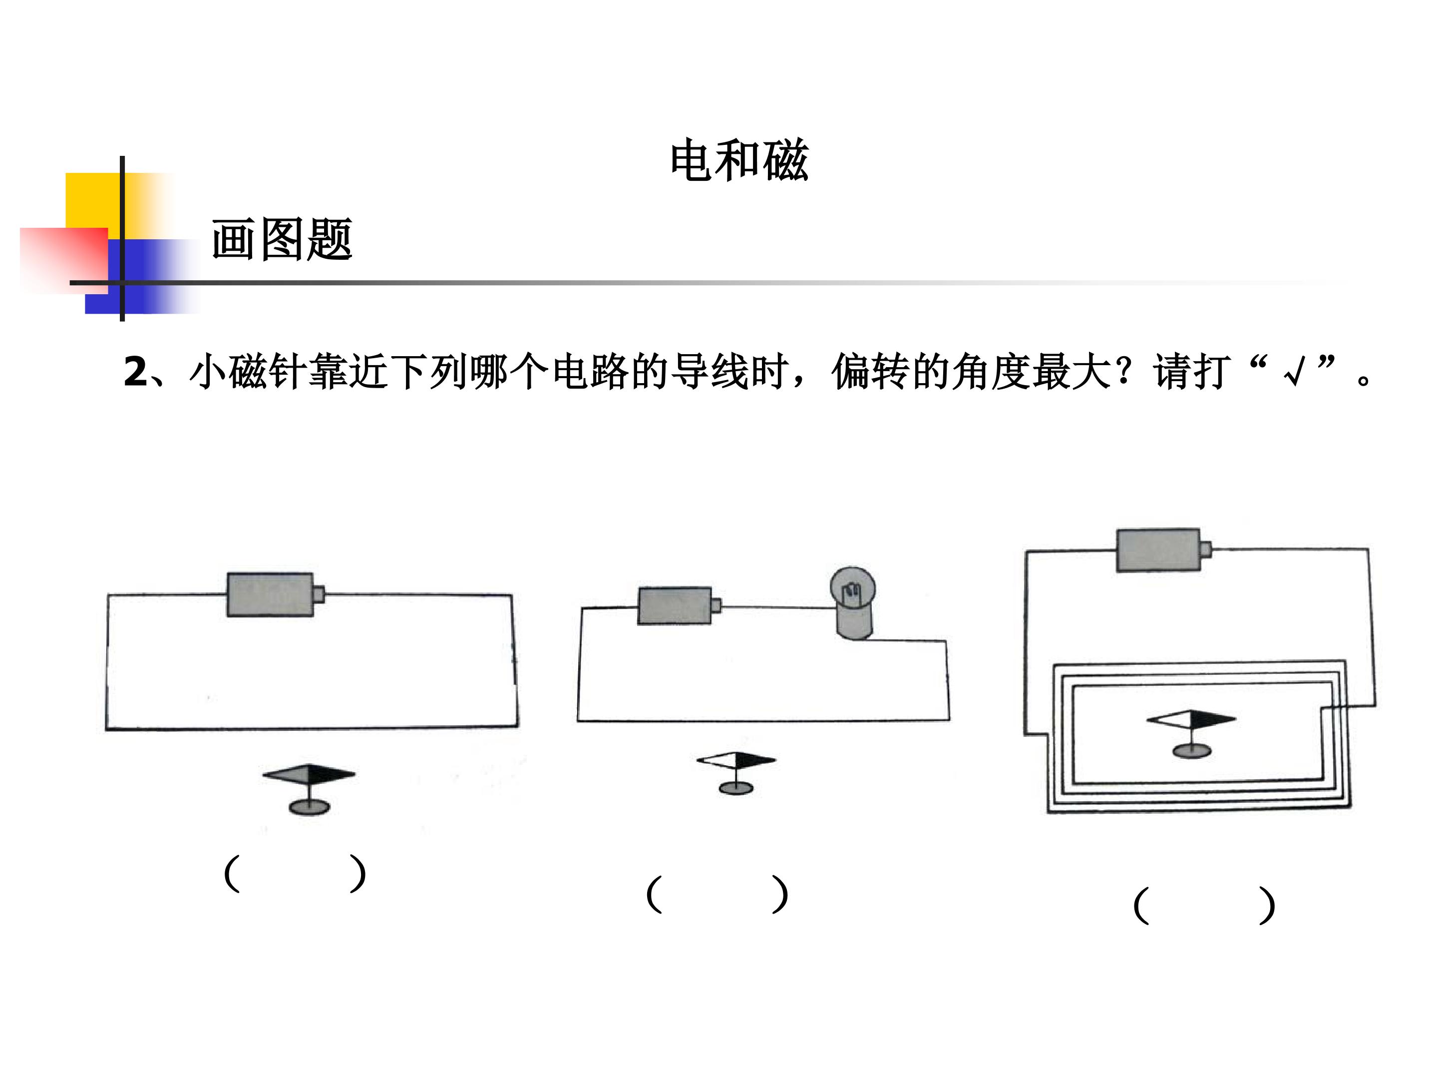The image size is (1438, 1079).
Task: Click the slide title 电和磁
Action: (739, 160)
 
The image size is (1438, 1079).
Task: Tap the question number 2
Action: (135, 372)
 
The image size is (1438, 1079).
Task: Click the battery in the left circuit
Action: (275, 594)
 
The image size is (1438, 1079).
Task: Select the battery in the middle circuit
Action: (680, 605)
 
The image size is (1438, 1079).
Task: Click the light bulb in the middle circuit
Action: (852, 603)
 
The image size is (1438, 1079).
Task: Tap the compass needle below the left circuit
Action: (309, 774)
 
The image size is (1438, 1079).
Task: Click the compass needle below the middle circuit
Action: (736, 760)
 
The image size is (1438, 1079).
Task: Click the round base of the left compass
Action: (310, 807)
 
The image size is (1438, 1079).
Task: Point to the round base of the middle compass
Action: (736, 788)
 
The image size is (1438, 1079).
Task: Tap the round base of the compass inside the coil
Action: (1192, 751)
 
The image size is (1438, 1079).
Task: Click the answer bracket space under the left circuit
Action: (295, 874)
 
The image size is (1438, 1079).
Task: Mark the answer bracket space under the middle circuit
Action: (717, 894)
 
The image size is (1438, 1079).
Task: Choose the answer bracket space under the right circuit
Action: (1204, 905)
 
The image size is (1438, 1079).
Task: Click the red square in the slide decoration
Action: (64, 260)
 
